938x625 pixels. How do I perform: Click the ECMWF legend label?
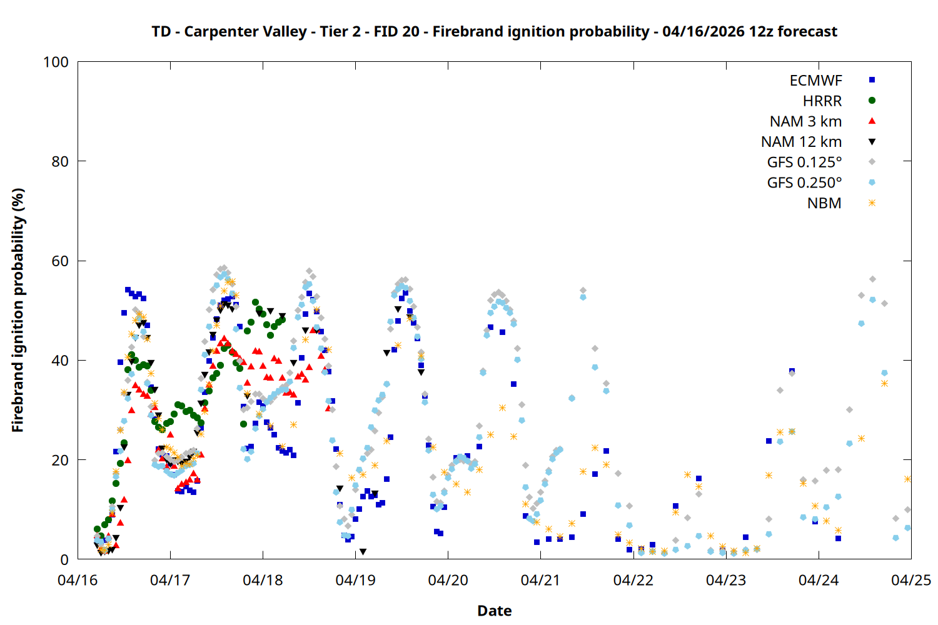(x=815, y=81)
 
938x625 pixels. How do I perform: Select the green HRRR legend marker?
(x=872, y=101)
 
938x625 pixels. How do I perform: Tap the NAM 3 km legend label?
(x=805, y=121)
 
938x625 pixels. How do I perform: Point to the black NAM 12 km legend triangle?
(x=872, y=142)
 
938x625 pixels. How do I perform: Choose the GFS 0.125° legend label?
(x=804, y=162)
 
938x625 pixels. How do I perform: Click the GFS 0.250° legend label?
(x=804, y=183)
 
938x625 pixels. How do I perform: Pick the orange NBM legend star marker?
(x=872, y=203)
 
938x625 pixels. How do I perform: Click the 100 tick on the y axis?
(x=56, y=62)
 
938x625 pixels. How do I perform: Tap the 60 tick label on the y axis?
(x=60, y=261)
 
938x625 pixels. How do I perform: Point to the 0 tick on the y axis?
(x=64, y=559)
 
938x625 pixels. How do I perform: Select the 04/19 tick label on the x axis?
(x=355, y=581)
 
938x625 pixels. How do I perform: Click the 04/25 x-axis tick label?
(x=910, y=581)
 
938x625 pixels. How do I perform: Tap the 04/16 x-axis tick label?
(x=78, y=581)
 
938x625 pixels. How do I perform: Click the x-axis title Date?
(x=494, y=611)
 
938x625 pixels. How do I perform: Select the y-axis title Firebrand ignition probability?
(x=18, y=310)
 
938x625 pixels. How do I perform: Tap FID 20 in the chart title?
(x=396, y=32)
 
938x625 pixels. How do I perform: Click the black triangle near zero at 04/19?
(x=363, y=552)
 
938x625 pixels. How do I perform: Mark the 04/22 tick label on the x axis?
(x=633, y=581)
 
